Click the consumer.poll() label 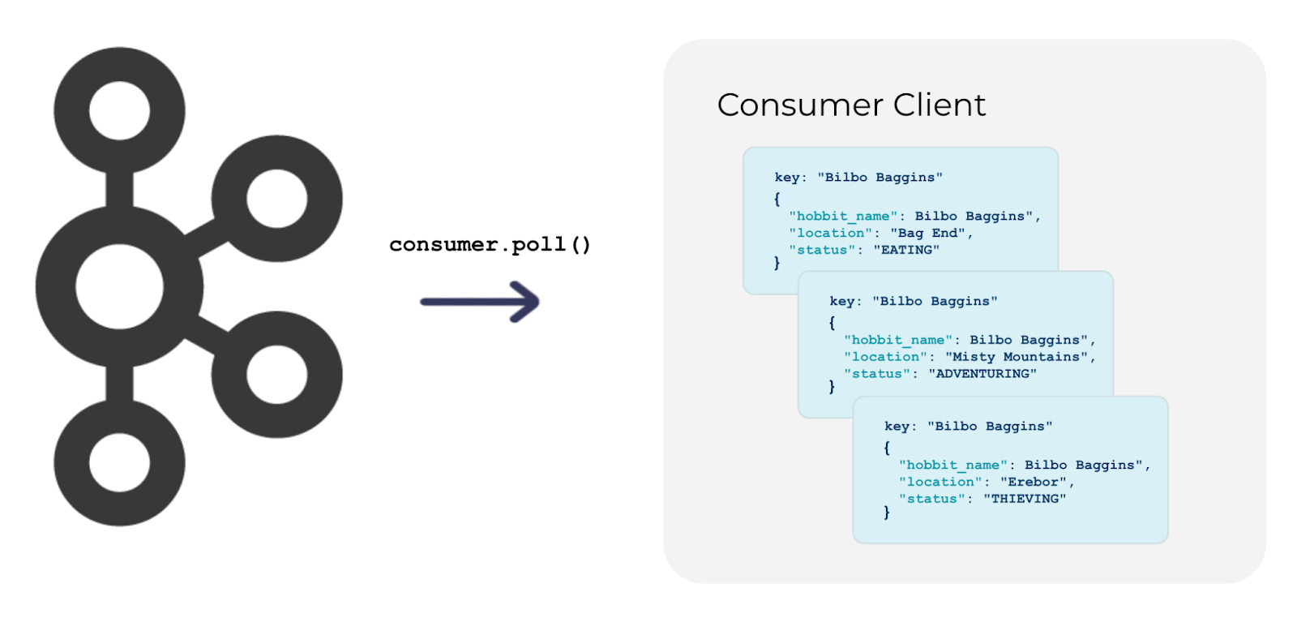(490, 244)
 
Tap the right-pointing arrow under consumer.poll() (480, 302)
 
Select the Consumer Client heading (851, 105)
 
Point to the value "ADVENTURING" (982, 374)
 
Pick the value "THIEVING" (1025, 499)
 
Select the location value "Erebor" (1033, 482)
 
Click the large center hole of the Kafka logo (119, 286)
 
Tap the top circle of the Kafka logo (119, 111)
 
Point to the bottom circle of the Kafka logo (119, 463)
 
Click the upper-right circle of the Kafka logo (276, 199)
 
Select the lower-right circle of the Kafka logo (276, 374)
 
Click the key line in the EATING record (858, 177)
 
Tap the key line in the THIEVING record (968, 426)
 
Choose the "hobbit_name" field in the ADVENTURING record (898, 340)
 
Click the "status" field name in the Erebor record (931, 499)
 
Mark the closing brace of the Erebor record (887, 513)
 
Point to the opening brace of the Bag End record (777, 198)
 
